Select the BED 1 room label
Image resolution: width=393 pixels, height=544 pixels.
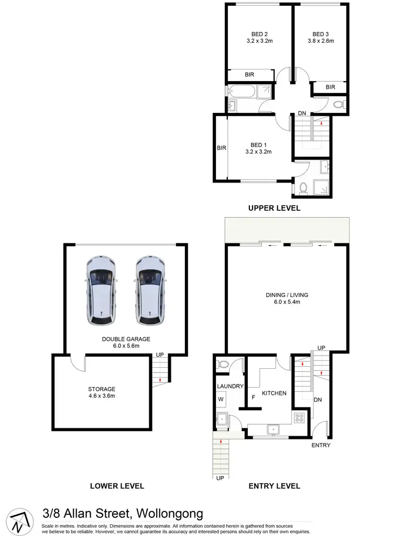pyautogui.click(x=257, y=145)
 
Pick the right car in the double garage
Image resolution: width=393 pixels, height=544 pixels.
pyautogui.click(x=150, y=291)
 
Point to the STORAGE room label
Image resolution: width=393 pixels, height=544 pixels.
pyautogui.click(x=102, y=389)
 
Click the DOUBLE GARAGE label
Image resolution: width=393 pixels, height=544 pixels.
pyautogui.click(x=126, y=339)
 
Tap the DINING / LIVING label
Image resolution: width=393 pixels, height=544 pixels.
pyautogui.click(x=287, y=295)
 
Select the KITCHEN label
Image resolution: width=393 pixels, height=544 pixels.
pyautogui.click(x=274, y=393)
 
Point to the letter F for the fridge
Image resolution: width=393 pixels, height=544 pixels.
pyautogui.click(x=254, y=396)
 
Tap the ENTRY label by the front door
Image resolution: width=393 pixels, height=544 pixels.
pyautogui.click(x=321, y=445)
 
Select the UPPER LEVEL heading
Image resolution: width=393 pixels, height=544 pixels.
pyautogui.click(x=274, y=208)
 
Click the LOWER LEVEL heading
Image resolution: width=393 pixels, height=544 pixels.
pyautogui.click(x=117, y=486)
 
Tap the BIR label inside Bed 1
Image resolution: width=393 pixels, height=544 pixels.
pyautogui.click(x=221, y=148)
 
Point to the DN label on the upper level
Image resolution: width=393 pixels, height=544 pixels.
pyautogui.click(x=302, y=114)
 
